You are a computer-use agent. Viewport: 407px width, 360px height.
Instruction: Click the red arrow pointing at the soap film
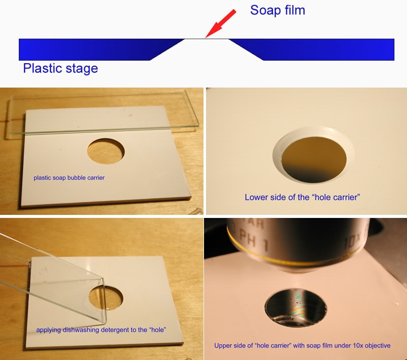tap(221, 24)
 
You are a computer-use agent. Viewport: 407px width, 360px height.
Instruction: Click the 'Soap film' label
tap(277, 10)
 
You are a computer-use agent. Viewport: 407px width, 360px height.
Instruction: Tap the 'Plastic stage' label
tap(61, 68)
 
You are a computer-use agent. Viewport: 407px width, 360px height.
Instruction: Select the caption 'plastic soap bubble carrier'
tap(69, 178)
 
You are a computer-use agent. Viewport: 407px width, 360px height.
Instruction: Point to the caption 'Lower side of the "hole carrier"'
tap(302, 197)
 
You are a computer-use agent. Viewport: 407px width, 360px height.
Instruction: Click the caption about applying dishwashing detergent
tap(101, 330)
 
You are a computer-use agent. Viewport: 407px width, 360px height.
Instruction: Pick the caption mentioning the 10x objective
tap(302, 345)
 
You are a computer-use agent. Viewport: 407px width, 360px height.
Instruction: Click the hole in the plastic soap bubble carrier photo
tap(106, 151)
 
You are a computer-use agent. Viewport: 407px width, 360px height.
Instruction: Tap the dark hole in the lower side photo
tap(314, 159)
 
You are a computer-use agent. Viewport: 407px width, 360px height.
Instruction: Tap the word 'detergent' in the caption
tap(114, 330)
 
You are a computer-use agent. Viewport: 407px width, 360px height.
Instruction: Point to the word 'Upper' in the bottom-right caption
tap(222, 346)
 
